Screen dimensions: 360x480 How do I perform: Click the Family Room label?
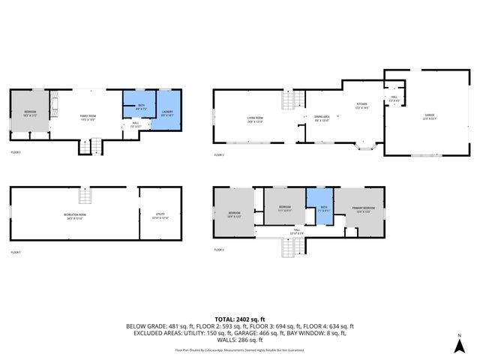88,116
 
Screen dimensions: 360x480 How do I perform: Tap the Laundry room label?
167,112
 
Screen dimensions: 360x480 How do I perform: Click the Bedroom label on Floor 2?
30,112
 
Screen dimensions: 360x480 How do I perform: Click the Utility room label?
160,215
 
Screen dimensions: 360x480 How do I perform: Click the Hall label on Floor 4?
297,230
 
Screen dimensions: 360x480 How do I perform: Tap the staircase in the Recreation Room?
86,196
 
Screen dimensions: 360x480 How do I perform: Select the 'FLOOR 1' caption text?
16,253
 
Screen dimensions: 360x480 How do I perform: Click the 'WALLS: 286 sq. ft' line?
240,340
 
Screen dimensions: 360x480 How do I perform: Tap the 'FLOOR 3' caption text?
218,154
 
